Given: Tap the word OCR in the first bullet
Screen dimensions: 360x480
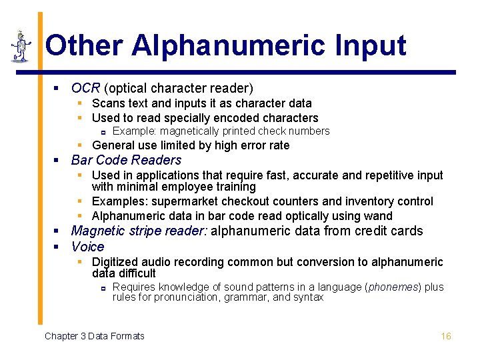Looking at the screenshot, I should coord(85,88).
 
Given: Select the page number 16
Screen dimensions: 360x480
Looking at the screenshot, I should coord(446,336).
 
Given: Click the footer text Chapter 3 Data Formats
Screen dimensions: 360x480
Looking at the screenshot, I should coord(94,336).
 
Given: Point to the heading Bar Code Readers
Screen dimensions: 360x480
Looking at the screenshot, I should coord(126,160).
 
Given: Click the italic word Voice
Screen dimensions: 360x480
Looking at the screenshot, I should coord(87,247).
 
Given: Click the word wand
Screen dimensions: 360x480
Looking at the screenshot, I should coord(379,216).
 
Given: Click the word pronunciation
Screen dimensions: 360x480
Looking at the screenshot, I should coord(176,297).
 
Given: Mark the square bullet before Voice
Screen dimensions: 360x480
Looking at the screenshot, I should coord(58,247).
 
